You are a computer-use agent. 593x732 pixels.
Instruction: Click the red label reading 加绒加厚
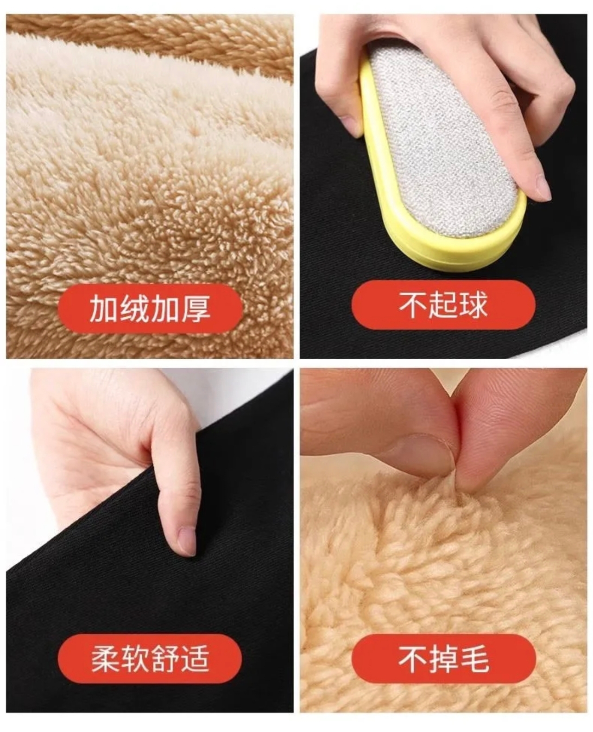[x=150, y=308]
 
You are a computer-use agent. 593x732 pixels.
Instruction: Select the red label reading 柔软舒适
[x=150, y=659]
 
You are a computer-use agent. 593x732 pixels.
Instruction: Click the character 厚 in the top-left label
[x=196, y=309]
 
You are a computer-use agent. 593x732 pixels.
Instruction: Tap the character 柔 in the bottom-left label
[x=105, y=659]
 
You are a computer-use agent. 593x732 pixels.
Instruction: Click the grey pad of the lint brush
[x=443, y=144]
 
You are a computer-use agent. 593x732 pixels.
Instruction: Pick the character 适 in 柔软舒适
[x=195, y=659]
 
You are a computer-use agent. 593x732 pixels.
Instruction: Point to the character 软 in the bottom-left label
[x=135, y=659]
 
